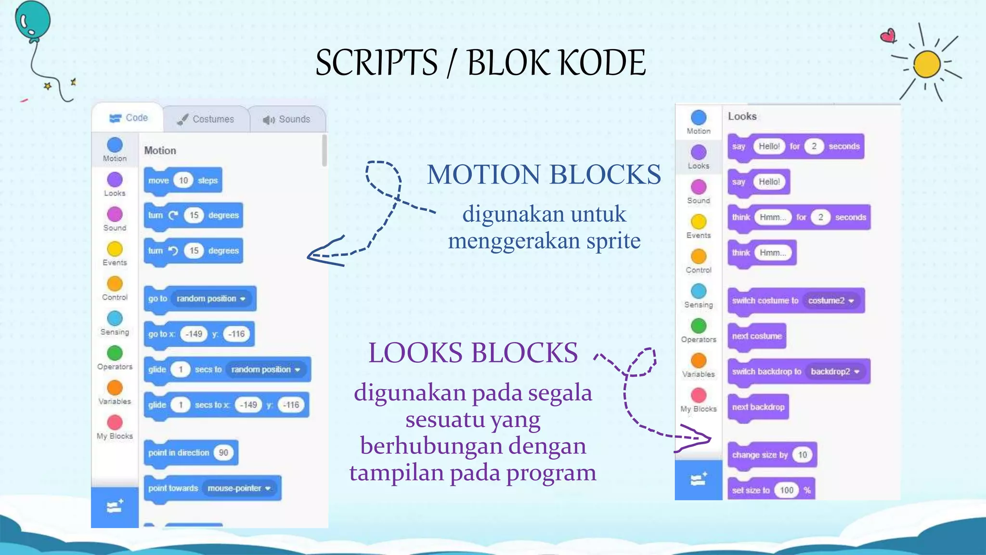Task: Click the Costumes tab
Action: point(206,119)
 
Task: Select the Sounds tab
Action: point(287,119)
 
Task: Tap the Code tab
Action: point(129,118)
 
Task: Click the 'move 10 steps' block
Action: point(183,181)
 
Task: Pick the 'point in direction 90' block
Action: point(191,453)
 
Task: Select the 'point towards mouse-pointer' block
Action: point(212,489)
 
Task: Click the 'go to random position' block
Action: point(200,299)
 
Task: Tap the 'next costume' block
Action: point(757,336)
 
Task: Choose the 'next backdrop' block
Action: point(758,407)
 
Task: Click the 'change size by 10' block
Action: point(772,455)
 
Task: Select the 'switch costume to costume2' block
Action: point(796,301)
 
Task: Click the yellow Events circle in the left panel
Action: point(115,249)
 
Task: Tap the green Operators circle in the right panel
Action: point(699,326)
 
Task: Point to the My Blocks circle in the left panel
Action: point(115,423)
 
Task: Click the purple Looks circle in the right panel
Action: point(699,152)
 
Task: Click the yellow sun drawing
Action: point(927,64)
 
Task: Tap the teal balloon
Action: point(33,20)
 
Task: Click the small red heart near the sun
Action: point(888,36)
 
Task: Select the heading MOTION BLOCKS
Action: point(544,174)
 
